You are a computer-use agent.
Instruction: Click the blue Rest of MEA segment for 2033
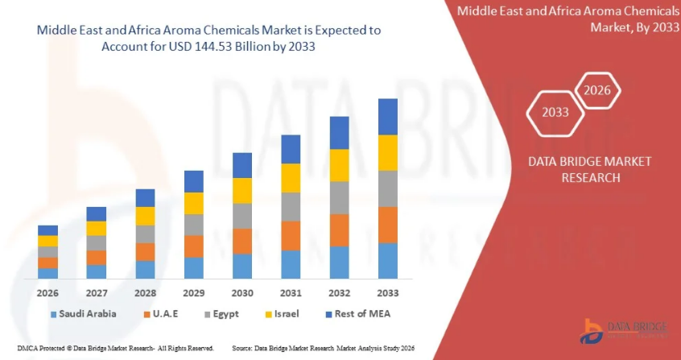[388, 117]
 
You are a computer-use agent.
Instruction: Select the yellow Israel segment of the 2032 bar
[339, 165]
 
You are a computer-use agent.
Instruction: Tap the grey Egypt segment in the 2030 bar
[242, 216]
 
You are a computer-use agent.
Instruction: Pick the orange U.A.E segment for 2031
[291, 236]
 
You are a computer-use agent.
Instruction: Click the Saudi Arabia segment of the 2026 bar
[47, 273]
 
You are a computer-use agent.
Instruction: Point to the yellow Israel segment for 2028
[145, 216]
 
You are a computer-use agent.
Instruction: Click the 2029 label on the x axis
[194, 292]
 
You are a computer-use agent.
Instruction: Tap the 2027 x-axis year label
[97, 292]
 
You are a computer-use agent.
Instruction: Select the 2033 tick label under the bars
[388, 292]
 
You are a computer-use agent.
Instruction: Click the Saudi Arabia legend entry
[83, 313]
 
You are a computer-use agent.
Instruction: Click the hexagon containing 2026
[597, 90]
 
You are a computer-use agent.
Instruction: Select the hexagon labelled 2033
[555, 112]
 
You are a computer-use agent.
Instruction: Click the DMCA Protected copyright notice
[108, 349]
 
